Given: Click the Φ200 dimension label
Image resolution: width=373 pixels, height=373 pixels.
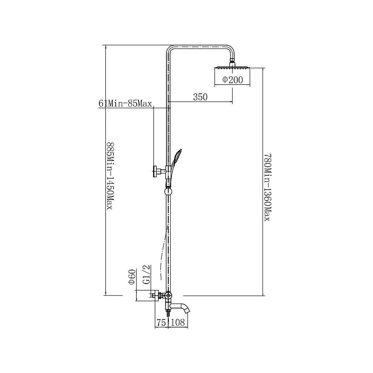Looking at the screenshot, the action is [233, 80].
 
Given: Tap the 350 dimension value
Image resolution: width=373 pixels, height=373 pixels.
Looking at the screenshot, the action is [200, 97].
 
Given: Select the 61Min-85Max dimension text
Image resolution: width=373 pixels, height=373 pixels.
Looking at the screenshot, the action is [125, 104].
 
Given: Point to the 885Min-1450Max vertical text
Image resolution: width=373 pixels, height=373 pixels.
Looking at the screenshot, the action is [110, 176].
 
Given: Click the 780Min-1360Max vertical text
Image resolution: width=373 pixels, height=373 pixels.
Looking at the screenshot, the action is [268, 187].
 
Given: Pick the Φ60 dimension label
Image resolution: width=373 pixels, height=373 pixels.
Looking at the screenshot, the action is [131, 277].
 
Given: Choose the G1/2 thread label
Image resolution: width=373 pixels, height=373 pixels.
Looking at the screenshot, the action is [147, 274].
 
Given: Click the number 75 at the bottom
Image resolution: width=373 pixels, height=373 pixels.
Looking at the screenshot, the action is [161, 322].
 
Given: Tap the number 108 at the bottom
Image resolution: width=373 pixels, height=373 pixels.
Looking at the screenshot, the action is [178, 322].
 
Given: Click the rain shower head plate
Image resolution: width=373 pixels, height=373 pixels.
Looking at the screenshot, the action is [232, 68].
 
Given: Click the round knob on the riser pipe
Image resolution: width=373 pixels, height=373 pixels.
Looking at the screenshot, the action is [168, 191].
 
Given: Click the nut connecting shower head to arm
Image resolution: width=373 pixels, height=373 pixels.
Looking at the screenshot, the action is [232, 63].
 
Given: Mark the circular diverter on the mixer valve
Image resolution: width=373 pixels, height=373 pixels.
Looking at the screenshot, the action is [168, 296].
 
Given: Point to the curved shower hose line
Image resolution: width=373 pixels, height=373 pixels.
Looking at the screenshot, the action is [164, 252].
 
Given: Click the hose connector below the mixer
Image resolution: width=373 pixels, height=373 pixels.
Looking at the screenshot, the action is [168, 312].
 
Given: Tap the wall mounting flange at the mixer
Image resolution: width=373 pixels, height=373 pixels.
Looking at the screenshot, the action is [155, 296].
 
